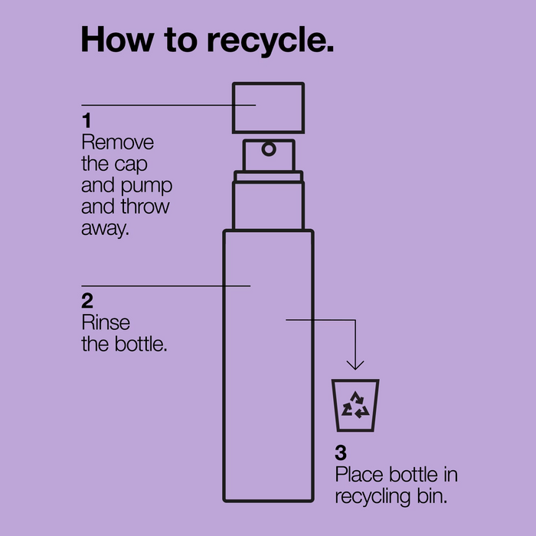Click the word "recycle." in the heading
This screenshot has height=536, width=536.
pyautogui.click(x=270, y=41)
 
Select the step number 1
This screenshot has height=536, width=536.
pyautogui.click(x=86, y=121)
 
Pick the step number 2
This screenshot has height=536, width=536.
pyautogui.click(x=87, y=299)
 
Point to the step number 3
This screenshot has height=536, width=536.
pyautogui.click(x=341, y=453)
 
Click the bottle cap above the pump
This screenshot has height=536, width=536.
pyautogui.click(x=269, y=107)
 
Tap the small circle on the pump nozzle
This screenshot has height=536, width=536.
pyautogui.click(x=269, y=147)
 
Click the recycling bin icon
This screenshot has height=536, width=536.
pyautogui.click(x=355, y=405)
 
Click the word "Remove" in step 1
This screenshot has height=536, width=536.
pyautogui.click(x=117, y=142)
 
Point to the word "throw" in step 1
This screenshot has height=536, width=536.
pyautogui.click(x=144, y=207)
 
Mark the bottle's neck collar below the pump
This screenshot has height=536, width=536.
pyautogui.click(x=269, y=178)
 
